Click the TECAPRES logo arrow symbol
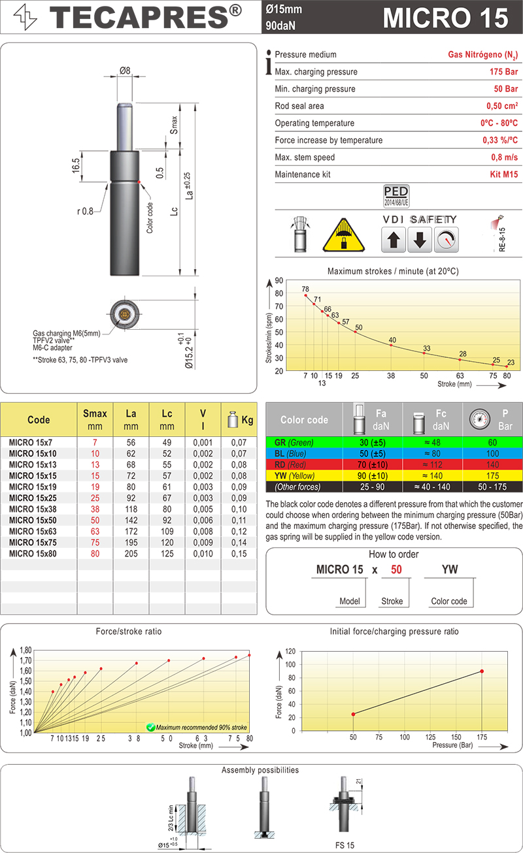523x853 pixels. (x=25, y=17)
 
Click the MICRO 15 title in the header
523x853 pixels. (x=445, y=18)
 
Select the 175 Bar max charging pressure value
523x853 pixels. (x=503, y=72)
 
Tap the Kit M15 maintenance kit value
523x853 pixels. (x=503, y=174)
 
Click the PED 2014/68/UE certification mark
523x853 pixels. (x=396, y=196)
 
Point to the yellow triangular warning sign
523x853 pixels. (x=344, y=235)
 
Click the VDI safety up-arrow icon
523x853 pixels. (x=394, y=240)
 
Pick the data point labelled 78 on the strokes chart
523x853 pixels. (x=306, y=295)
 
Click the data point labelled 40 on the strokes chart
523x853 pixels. (x=391, y=345)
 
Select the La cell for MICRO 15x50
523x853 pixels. (x=131, y=520)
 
